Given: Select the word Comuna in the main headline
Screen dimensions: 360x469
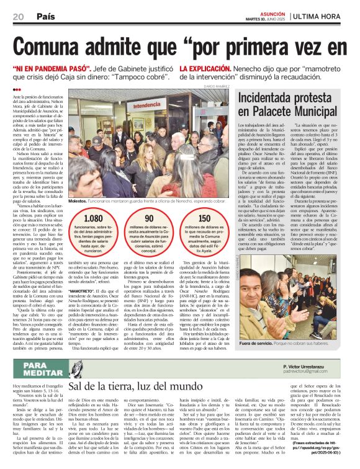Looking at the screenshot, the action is tap(55, 45).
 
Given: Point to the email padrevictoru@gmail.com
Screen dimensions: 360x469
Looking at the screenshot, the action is tap(313, 372).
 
